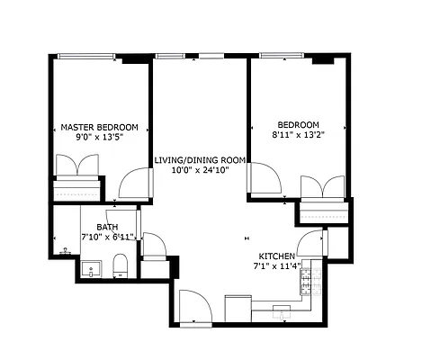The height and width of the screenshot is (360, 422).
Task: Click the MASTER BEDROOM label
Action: point(99,127)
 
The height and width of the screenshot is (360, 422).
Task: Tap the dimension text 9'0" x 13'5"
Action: point(99,138)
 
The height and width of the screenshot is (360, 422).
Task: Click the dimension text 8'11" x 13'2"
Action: point(298,135)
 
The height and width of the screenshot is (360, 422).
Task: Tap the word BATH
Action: point(107,227)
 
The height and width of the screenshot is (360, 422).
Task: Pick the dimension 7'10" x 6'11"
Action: point(107,237)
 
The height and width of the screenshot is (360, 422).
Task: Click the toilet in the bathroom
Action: point(119,264)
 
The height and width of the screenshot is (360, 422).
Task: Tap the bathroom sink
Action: point(90,267)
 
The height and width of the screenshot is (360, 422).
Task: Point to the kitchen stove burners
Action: point(307,283)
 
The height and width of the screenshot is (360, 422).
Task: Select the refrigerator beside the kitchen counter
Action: point(238,306)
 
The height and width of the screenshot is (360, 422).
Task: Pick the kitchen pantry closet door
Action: point(310,243)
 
